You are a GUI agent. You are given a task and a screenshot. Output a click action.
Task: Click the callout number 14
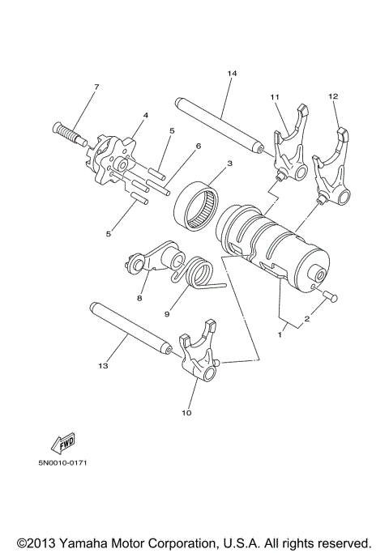[x=232, y=74]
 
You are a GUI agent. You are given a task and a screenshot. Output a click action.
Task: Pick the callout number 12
[x=332, y=96]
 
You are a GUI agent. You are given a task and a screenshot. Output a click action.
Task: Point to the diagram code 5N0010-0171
[x=62, y=464]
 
